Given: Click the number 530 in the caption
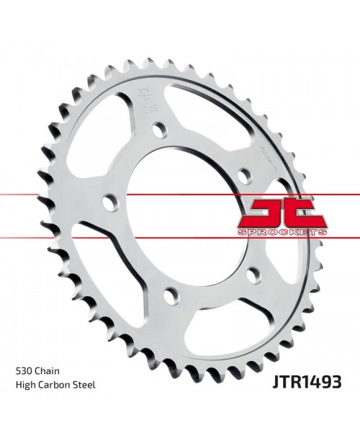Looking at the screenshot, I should pos(24,370).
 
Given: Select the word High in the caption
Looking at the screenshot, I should pos(25,385).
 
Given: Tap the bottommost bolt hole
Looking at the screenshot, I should pos(169,293).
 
